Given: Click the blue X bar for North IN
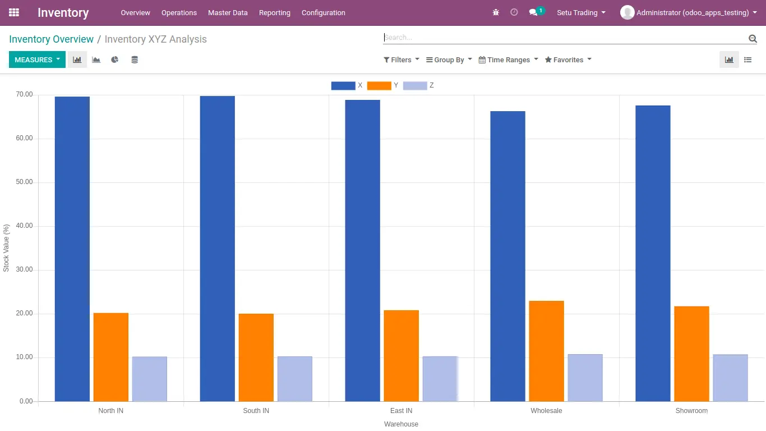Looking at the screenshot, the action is click(x=72, y=249).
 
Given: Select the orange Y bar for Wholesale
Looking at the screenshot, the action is click(x=546, y=351).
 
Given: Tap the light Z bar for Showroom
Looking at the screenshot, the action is click(x=731, y=378).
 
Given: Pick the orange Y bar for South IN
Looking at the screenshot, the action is click(x=256, y=357).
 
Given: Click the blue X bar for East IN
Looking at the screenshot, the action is click(x=362, y=251).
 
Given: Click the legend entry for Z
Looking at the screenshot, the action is click(x=418, y=86).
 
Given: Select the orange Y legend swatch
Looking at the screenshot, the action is click(x=379, y=86).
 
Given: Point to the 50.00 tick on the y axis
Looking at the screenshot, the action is click(x=24, y=182).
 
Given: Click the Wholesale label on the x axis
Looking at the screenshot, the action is click(x=546, y=410).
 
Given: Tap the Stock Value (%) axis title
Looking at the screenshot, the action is click(x=6, y=248).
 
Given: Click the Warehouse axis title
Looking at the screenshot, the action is click(x=401, y=424).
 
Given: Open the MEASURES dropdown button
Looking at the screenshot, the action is click(x=37, y=59).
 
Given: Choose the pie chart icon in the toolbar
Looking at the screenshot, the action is click(x=115, y=59).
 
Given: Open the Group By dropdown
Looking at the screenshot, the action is click(x=449, y=60).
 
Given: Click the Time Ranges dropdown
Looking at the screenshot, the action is click(x=509, y=60).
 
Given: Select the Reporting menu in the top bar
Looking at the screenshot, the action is click(x=275, y=13).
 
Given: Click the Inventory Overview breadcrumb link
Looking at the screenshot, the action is click(x=51, y=39).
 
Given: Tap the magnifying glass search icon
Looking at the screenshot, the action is click(x=753, y=39).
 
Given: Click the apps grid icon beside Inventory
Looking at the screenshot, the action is click(x=14, y=13).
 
